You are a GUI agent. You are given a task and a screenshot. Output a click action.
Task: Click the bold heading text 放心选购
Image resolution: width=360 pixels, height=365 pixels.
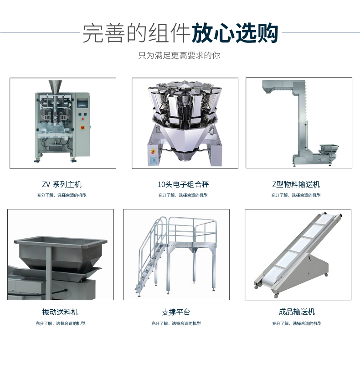[x=235, y=33]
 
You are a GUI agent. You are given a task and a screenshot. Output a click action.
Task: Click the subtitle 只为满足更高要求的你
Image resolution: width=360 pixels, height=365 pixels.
[x=179, y=56]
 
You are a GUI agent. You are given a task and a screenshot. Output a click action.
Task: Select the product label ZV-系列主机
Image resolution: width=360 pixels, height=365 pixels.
[x=62, y=184]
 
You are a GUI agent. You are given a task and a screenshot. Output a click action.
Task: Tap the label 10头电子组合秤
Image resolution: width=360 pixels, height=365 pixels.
[x=183, y=184]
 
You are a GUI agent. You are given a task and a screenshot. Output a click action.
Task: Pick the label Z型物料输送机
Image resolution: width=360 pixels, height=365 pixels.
[x=296, y=184]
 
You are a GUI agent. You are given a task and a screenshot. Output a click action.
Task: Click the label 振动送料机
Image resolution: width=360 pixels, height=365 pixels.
[x=60, y=312]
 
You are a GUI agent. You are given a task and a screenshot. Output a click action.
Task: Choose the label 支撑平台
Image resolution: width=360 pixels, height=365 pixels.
[x=176, y=312]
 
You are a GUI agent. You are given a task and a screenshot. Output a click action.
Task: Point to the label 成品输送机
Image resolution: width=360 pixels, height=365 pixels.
[x=297, y=312]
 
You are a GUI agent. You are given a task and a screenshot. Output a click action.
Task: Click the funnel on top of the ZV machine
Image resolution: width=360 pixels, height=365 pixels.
[x=55, y=88]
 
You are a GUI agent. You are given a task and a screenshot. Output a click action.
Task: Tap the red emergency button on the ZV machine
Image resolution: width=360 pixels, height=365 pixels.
[x=82, y=128]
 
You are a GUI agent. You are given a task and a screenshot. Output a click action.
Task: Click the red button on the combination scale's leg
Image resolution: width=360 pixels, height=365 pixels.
[x=153, y=152]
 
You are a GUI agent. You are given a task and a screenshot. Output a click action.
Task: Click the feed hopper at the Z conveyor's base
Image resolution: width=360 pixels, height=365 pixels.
[x=329, y=149]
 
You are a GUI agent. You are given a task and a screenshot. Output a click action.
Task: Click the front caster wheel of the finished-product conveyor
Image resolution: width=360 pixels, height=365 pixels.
[x=276, y=296]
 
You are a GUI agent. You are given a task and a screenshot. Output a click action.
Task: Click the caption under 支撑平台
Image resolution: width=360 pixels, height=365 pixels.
[x=176, y=323]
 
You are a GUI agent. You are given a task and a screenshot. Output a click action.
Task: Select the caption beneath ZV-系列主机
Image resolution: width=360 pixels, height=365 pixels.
[x=62, y=195]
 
